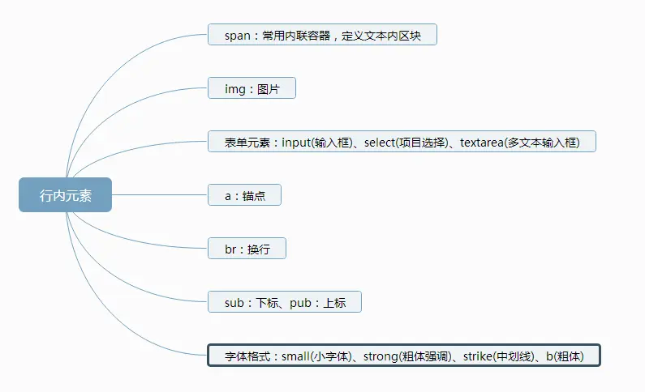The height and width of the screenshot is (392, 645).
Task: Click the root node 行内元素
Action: click(65, 194)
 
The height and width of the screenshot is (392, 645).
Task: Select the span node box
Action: click(322, 35)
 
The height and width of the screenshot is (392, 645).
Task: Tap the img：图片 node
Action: click(252, 88)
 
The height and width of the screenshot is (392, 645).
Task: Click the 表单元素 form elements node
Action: click(402, 142)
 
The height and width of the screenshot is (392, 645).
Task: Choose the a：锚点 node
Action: click(244, 195)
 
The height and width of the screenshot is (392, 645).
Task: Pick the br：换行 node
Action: click(247, 249)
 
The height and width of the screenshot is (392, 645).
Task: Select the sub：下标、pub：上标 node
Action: click(284, 302)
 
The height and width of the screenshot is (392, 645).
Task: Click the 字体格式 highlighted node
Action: click(403, 356)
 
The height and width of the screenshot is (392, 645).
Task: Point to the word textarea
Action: click(482, 142)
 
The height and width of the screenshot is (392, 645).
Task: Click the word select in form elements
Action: click(380, 142)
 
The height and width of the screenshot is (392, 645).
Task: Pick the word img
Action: click(234, 88)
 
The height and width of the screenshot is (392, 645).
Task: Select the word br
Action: click(230, 249)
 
